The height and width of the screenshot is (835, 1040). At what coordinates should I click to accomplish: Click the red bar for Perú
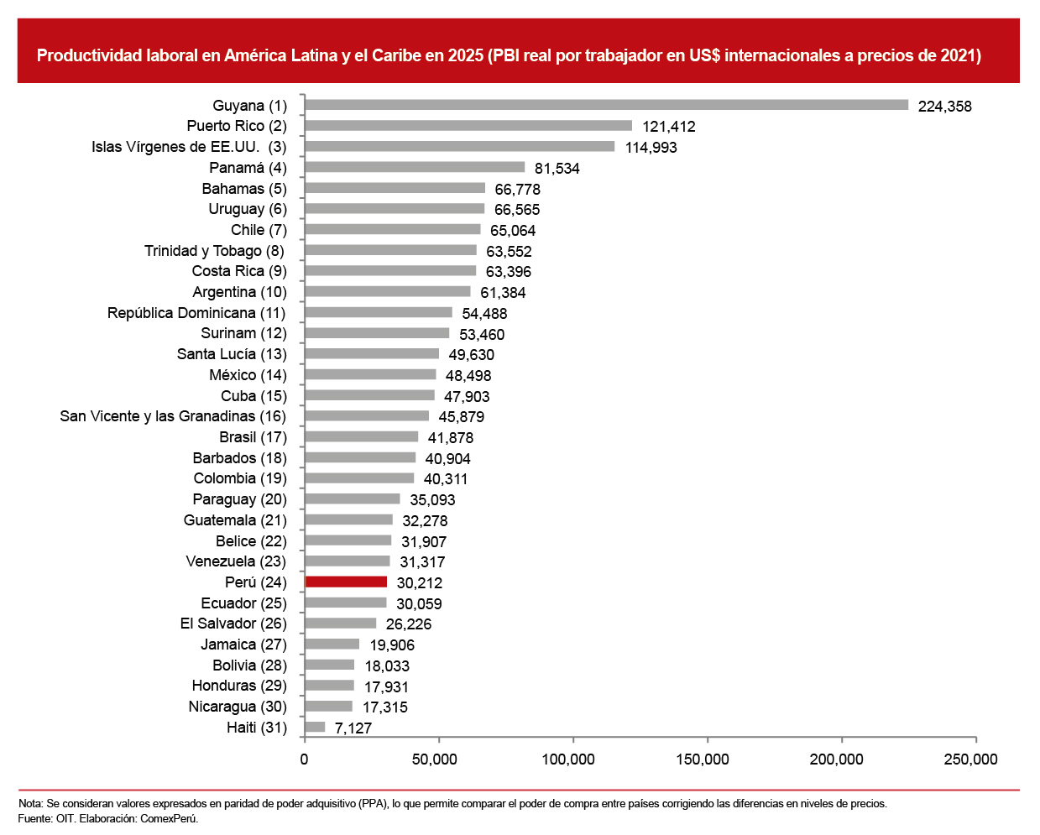(346, 582)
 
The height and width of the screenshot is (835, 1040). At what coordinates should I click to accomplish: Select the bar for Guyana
(607, 105)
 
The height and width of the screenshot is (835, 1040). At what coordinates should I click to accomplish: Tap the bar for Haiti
(315, 727)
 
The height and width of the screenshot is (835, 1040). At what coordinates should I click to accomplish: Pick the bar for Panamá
(415, 167)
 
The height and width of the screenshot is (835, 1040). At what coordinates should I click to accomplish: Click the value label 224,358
(944, 107)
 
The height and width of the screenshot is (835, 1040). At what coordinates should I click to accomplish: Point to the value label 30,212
(419, 583)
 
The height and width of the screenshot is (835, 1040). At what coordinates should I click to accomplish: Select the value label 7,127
(353, 728)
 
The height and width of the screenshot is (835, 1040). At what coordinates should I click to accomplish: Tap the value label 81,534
(557, 169)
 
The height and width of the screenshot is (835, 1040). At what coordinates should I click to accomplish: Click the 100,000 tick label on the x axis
(567, 759)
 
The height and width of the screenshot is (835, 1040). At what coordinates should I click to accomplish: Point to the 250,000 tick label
(970, 759)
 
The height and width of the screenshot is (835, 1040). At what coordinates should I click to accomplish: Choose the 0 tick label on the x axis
(304, 759)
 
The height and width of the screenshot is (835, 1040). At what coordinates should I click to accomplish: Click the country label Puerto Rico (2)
(237, 126)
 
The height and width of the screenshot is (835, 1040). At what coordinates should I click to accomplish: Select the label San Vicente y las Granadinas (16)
(173, 416)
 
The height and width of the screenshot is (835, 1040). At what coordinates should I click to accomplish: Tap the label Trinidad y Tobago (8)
(215, 251)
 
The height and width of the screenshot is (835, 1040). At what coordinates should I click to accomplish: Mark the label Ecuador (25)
(244, 603)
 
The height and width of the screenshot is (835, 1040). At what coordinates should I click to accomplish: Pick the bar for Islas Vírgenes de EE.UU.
(460, 146)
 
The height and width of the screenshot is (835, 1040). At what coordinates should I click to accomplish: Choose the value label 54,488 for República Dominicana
(484, 314)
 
